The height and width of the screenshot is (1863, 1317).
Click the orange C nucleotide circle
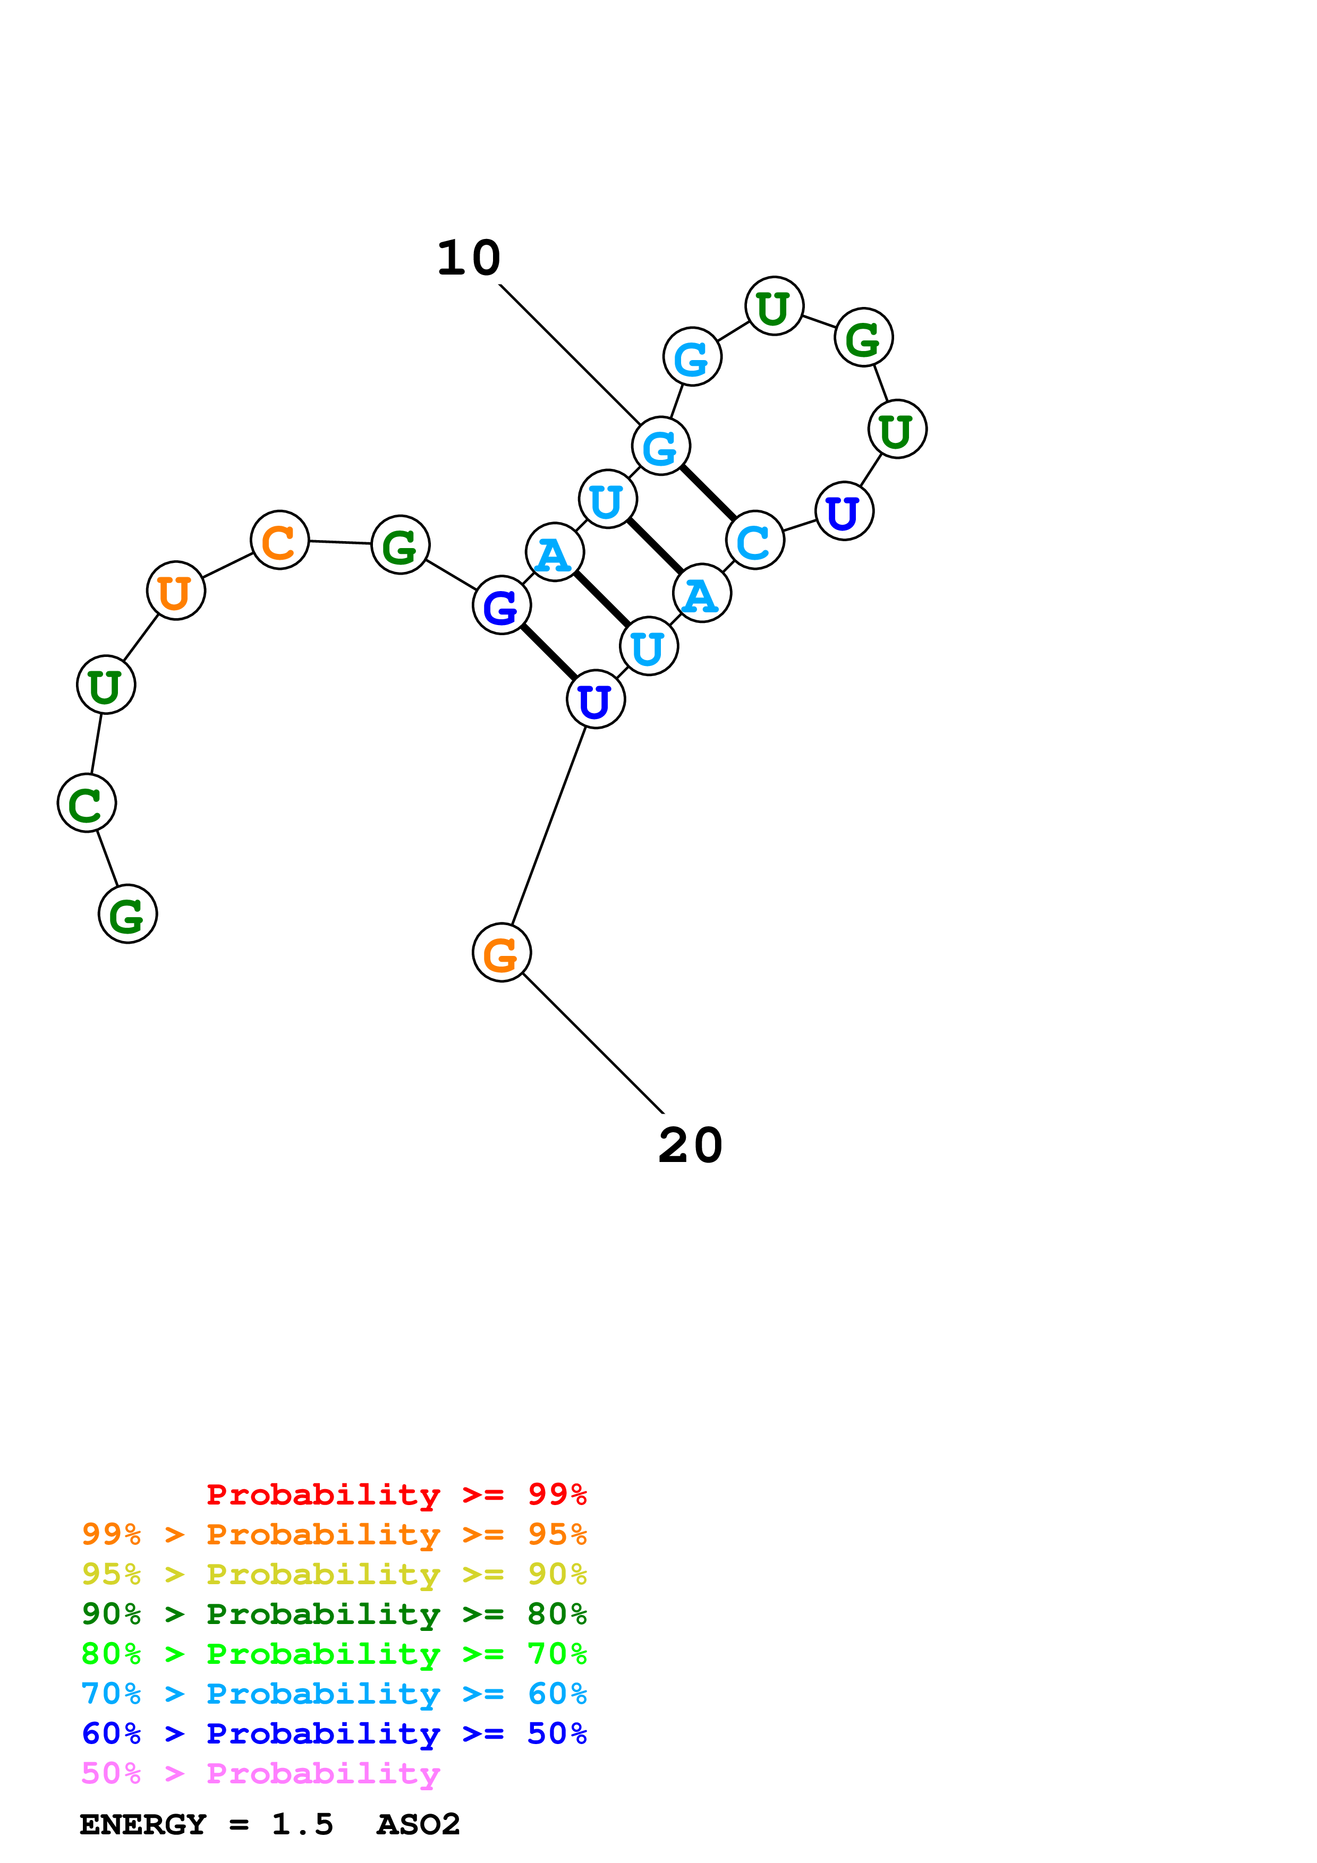click(x=280, y=541)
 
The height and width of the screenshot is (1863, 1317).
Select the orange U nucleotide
click(x=176, y=591)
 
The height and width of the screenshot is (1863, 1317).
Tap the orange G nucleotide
click(x=502, y=953)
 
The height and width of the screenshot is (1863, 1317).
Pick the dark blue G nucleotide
click(x=502, y=605)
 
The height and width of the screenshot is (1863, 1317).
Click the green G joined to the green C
click(x=128, y=913)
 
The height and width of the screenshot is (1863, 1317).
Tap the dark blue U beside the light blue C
click(x=845, y=511)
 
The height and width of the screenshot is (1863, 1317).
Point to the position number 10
click(x=469, y=258)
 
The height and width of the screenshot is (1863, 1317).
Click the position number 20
click(x=691, y=1146)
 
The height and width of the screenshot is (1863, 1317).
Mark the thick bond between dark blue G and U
click(x=549, y=652)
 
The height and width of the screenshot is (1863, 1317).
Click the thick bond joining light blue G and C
click(x=708, y=492)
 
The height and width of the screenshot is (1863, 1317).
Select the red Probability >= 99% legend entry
click(x=397, y=1494)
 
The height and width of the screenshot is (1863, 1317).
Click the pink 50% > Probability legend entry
click(x=260, y=1773)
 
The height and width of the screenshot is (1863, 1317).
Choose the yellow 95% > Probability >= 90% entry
click(x=334, y=1574)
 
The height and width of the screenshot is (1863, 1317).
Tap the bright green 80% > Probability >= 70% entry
click(x=334, y=1654)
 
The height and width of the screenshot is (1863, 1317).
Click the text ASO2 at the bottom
click(x=419, y=1825)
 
